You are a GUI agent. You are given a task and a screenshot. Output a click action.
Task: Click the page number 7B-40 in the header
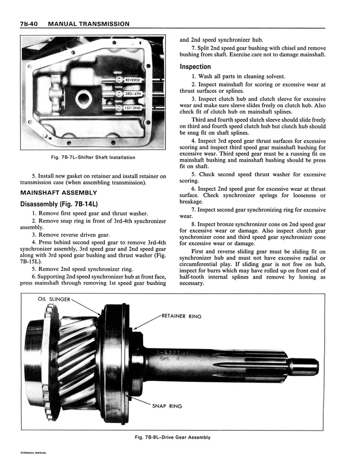(x=30, y=24)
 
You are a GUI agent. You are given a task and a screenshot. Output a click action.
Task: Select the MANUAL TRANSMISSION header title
(x=89, y=24)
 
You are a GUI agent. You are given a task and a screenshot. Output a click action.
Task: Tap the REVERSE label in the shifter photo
(x=132, y=80)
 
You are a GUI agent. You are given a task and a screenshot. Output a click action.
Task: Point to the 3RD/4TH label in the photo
(x=132, y=94)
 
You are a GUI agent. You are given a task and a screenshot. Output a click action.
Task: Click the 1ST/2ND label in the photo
(x=132, y=108)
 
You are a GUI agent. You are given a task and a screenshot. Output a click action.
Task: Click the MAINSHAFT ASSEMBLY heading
(x=58, y=193)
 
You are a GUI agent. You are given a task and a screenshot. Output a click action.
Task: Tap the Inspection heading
(x=195, y=67)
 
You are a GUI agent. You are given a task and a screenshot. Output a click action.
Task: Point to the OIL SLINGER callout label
(x=54, y=299)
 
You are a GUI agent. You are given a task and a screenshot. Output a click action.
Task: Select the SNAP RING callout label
(x=167, y=406)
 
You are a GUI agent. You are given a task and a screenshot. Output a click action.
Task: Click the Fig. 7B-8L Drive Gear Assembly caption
(x=173, y=437)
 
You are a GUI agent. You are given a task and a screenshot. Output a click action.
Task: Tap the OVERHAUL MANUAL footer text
(x=33, y=452)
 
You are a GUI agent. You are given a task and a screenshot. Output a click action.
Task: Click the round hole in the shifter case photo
(x=84, y=99)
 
